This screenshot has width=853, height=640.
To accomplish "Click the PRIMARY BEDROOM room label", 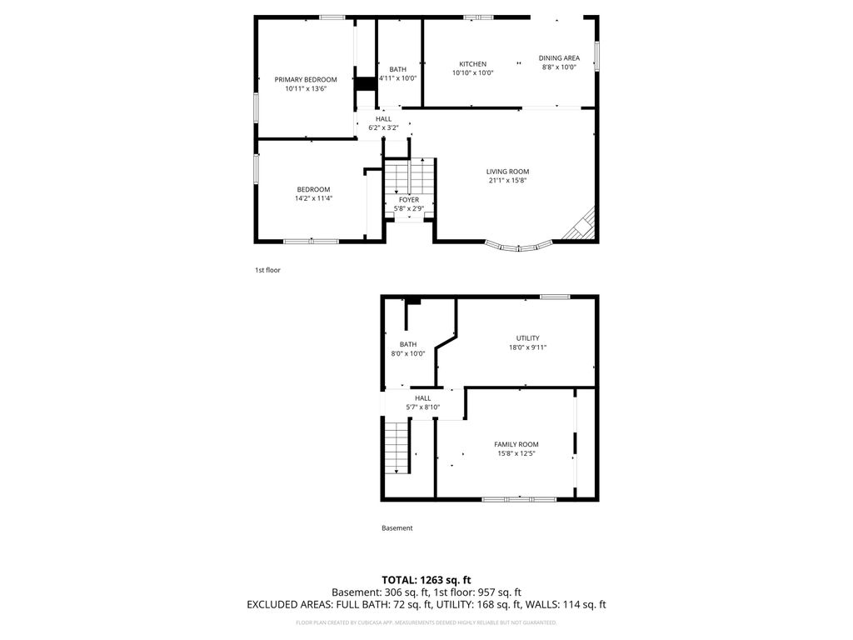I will [x=306, y=79].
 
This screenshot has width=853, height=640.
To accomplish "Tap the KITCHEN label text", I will [x=472, y=64].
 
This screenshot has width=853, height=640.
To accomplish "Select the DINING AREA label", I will [x=559, y=57].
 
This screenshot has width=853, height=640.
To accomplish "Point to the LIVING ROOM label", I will [x=508, y=172].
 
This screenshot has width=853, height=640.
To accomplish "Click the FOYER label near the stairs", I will [x=409, y=200].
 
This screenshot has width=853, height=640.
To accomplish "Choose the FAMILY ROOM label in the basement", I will [x=516, y=444].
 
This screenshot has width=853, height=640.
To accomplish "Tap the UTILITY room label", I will [x=527, y=337].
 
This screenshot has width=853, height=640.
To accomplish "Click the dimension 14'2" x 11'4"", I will [x=313, y=198].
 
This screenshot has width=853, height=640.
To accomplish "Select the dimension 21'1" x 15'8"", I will [x=508, y=181].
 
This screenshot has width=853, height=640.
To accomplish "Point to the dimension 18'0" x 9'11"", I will [x=527, y=347].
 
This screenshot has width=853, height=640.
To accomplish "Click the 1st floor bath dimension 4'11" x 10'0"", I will [x=397, y=78].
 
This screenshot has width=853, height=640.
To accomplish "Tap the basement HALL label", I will [x=423, y=397].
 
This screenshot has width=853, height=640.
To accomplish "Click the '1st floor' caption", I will [x=267, y=270].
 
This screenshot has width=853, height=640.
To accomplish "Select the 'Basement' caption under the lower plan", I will [x=397, y=528].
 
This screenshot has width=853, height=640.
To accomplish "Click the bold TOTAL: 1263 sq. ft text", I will [x=426, y=579].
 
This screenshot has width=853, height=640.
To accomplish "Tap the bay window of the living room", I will [x=519, y=246].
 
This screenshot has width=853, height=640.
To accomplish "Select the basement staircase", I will [x=397, y=447].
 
